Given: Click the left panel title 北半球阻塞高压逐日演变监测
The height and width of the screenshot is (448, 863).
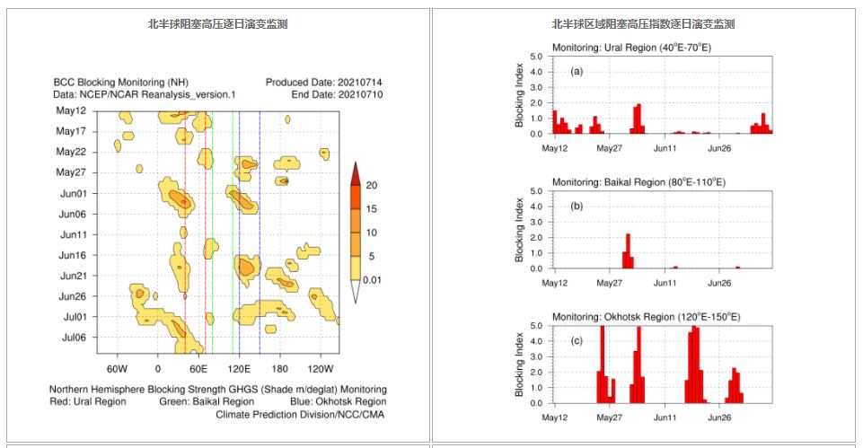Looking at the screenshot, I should point(218,24).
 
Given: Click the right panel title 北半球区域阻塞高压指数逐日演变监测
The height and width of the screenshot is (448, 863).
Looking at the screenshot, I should point(643,24).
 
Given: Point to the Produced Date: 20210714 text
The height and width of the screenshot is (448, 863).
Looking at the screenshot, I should point(325,83).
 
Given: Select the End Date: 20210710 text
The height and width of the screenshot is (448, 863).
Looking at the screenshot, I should point(338,94).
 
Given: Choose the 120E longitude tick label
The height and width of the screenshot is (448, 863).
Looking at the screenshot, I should point(239,369).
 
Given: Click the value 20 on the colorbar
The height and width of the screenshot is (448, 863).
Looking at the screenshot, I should point(371,186).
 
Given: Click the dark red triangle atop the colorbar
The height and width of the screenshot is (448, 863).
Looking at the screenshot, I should point(355,172).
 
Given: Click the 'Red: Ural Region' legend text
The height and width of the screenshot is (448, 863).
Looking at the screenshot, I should point(88,401).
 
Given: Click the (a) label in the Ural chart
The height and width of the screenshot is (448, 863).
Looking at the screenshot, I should point(576,70).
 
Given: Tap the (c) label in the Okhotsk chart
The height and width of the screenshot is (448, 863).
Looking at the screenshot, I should point(576,340).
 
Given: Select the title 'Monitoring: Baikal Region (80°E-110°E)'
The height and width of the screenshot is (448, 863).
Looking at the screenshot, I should point(638,182).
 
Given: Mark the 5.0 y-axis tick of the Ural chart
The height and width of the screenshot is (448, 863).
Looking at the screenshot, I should point(535,57).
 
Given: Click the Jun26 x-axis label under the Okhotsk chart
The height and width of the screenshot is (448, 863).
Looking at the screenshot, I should point(718,417).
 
